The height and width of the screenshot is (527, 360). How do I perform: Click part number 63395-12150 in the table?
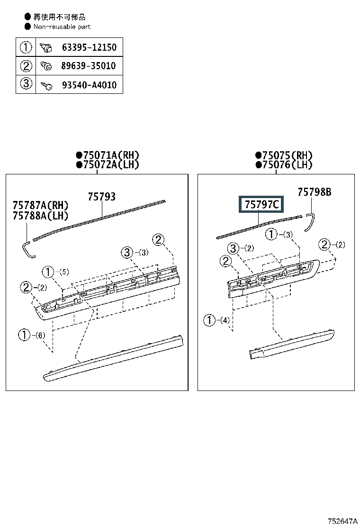click(89, 47)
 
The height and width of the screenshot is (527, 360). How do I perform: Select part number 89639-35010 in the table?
click(88, 65)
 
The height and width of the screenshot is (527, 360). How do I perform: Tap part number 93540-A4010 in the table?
click(89, 85)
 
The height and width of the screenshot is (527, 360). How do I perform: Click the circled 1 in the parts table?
click(26, 47)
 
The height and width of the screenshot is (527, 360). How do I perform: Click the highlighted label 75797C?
click(261, 204)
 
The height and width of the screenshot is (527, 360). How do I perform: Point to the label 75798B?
click(315, 192)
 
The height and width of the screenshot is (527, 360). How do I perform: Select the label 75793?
click(102, 197)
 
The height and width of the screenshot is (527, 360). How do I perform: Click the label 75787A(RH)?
click(40, 205)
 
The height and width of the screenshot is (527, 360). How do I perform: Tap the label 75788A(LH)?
click(40, 216)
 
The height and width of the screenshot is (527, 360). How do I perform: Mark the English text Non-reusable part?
click(62, 27)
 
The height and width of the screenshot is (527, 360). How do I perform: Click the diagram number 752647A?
click(342, 521)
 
